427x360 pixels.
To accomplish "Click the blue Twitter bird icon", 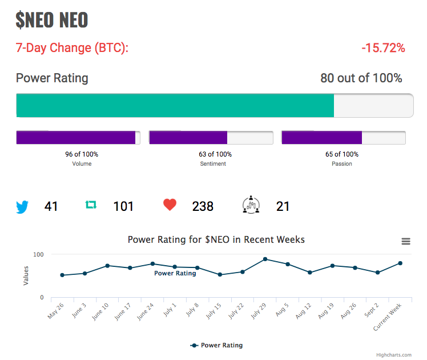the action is (22, 207).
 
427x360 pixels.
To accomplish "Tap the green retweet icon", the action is (91, 205).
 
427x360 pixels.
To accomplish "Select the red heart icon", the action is (170, 205).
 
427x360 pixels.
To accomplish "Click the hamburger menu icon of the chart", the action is (406, 241).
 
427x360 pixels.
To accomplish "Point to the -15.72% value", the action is (383, 47).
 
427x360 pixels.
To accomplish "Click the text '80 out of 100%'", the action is (361, 78).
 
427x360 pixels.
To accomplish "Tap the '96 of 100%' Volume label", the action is (82, 154).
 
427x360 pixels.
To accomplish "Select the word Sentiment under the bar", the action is (213, 164).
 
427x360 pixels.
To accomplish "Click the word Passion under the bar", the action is (342, 164).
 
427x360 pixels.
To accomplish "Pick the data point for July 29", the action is (265, 259).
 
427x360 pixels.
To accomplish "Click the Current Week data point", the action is (400, 263).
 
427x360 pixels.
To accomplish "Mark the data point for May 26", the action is (62, 275).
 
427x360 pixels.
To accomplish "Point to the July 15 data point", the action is (220, 275).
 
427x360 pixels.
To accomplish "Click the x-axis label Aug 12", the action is (303, 311).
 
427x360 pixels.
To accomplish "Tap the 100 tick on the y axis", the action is (38, 254).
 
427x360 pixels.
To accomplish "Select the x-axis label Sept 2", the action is (372, 310).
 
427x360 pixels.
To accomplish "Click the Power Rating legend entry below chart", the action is (216, 345).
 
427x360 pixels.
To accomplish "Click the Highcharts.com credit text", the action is (394, 355).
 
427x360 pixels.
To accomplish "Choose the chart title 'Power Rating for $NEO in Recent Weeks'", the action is (216, 239).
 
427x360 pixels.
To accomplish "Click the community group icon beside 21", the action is (251, 205).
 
